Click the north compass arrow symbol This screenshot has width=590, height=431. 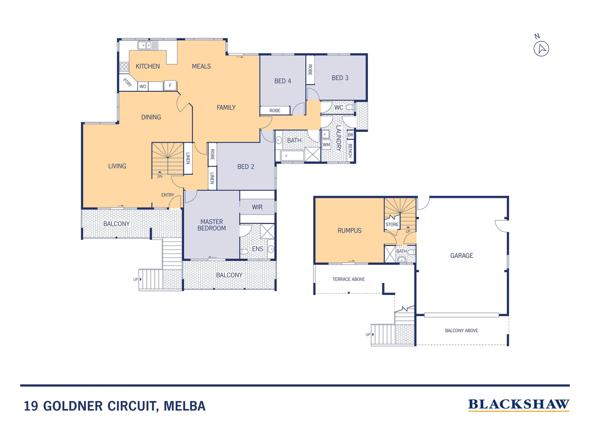[x=541, y=49]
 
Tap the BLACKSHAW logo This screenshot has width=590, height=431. [x=518, y=405]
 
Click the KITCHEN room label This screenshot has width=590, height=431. [x=147, y=66]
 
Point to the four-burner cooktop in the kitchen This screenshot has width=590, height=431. [x=124, y=67]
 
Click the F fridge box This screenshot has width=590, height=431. [x=170, y=85]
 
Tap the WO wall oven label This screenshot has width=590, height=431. [x=143, y=86]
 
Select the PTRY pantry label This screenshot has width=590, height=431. [x=127, y=83]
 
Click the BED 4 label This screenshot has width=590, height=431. [x=283, y=81]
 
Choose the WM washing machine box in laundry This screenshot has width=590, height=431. [x=326, y=144]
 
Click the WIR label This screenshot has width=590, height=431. [x=257, y=207]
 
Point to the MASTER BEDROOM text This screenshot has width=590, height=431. [x=212, y=225]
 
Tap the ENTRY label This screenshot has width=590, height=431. [x=167, y=195]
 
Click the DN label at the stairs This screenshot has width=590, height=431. [x=159, y=176]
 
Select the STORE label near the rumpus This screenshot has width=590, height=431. [x=392, y=224]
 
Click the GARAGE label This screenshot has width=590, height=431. [x=462, y=255]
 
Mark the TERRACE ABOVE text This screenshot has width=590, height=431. [x=348, y=279]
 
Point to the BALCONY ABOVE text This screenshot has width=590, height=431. [x=461, y=330]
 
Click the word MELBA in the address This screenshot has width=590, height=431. [x=185, y=406]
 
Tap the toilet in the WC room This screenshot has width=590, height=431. [x=350, y=107]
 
